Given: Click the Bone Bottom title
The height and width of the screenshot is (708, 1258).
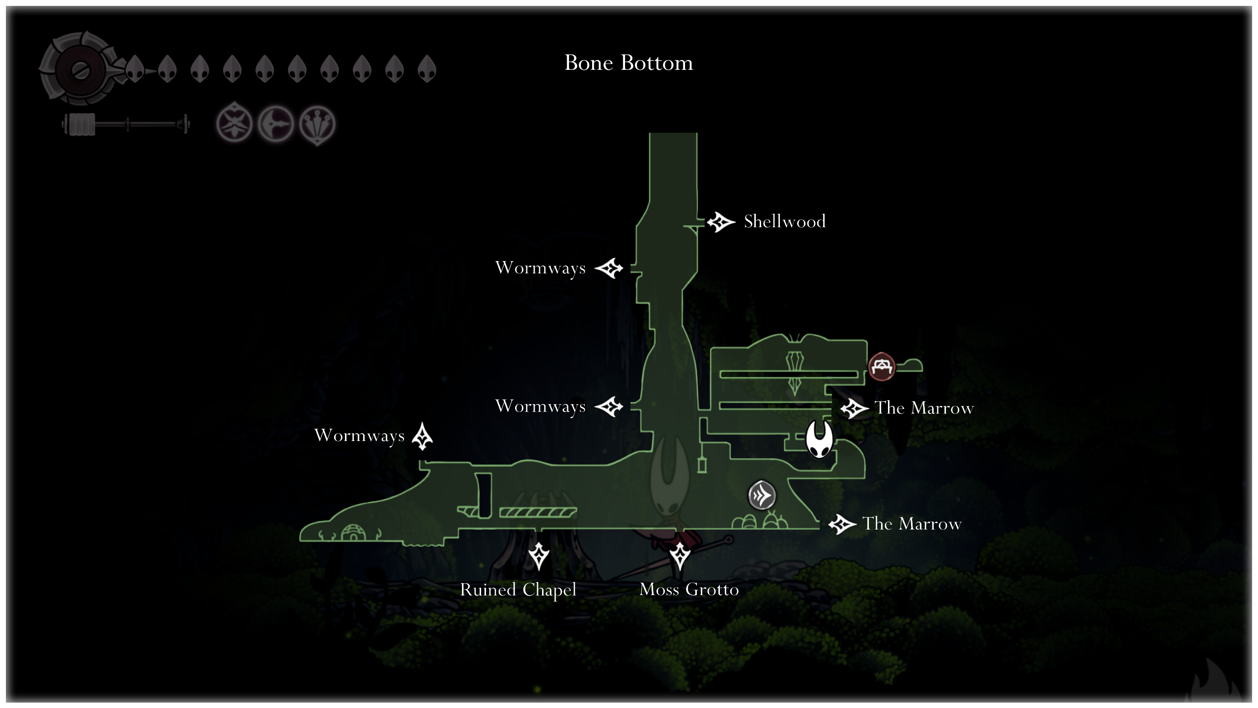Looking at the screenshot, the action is [x=629, y=63].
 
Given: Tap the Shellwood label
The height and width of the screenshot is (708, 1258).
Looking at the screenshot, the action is [x=784, y=221].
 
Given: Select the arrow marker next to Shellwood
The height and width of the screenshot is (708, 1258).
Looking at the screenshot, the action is [x=720, y=222].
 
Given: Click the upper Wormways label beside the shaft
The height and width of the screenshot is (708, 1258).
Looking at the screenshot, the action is [x=540, y=268].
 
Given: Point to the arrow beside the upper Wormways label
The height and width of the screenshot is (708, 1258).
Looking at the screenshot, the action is [x=609, y=268].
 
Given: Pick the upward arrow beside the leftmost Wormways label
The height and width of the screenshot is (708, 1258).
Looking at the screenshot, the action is [x=422, y=436].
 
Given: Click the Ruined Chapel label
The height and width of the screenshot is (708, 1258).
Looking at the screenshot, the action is [x=518, y=590].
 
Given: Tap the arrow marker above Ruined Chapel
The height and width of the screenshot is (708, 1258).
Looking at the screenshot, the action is [x=539, y=556].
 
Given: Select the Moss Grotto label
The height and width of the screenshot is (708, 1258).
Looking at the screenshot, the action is [x=689, y=589].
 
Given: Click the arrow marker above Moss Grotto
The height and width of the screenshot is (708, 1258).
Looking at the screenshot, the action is [x=680, y=556].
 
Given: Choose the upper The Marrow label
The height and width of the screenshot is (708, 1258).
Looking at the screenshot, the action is [x=924, y=408].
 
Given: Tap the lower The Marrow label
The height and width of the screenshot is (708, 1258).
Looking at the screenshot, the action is [x=912, y=524].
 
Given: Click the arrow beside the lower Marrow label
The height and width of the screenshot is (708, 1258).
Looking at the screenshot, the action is [x=842, y=525].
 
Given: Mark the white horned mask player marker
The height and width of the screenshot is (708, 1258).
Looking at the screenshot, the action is [x=819, y=439].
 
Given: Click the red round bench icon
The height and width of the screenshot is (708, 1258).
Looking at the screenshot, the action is [x=882, y=367].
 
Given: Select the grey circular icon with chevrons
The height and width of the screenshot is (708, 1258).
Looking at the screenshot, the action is [x=762, y=495].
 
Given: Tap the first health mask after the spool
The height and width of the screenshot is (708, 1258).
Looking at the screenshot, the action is [x=135, y=68].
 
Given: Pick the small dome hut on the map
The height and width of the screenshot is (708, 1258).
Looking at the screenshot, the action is [x=353, y=532].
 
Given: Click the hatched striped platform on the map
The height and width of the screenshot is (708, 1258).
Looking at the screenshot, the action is [x=538, y=513].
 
